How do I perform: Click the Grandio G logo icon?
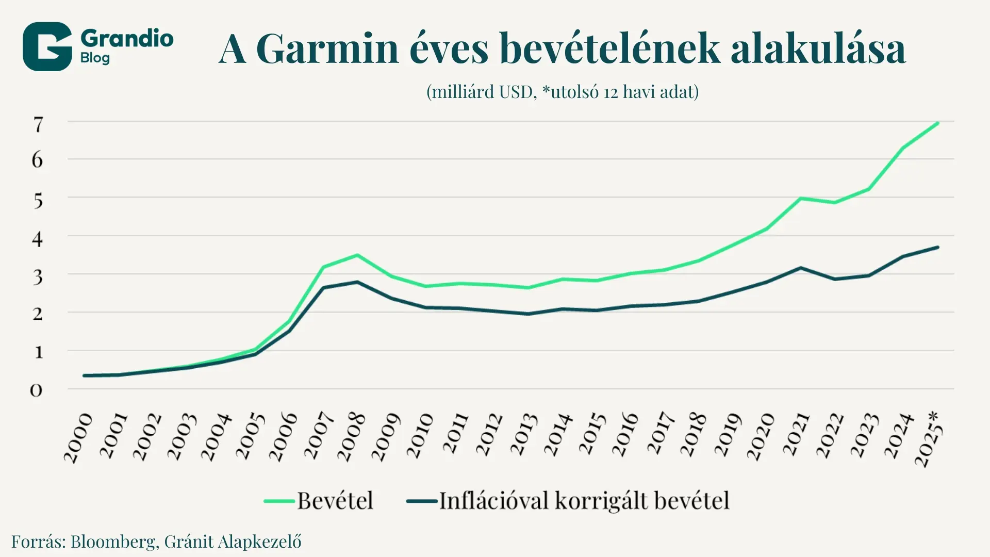pos(47,46)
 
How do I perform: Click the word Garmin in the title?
pos(327,49)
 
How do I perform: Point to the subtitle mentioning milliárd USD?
pos(562,92)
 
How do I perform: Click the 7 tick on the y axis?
pos(38,125)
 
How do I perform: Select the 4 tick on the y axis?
pos(37,239)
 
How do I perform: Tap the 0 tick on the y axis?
pos(36,390)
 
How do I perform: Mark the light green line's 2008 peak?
pos(357,255)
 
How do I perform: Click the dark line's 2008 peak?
pos(357,282)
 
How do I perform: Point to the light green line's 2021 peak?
pos(800,198)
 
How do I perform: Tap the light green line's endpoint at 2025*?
pos(937,123)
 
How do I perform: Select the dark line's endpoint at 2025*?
pos(937,248)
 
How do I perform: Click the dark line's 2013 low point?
pos(527,314)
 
